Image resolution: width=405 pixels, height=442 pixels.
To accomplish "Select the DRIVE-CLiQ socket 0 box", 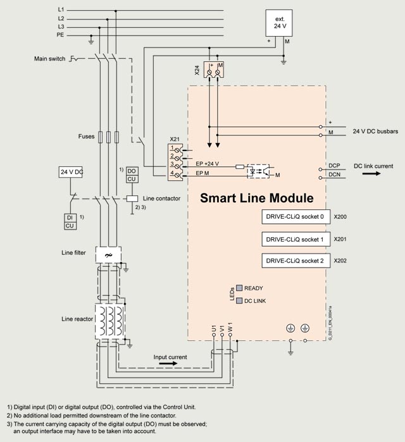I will pos(295,217).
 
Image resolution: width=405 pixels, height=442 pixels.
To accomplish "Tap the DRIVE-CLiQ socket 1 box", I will pos(295,239).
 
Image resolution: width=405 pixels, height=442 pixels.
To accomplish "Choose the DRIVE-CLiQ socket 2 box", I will pos(295,261).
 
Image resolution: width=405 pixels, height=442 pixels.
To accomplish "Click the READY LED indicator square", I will pos(239,288).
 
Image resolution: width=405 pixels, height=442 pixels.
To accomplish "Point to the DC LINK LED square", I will pos(239,301).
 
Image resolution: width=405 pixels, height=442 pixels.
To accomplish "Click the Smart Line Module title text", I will pos(257,198).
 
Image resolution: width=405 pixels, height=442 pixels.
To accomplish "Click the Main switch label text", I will pos(50,59).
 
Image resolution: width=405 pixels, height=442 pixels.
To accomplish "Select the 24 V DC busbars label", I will pos(376,131).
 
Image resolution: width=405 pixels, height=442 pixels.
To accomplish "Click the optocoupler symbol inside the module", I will pos(258,170).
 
